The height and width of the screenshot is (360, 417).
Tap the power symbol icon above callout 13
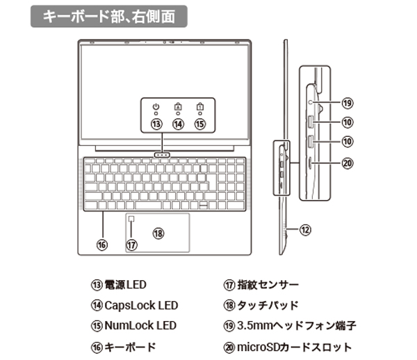click(x=156, y=107)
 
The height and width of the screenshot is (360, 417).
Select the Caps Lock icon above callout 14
click(x=179, y=107)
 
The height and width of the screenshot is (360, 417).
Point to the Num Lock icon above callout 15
click(x=201, y=107)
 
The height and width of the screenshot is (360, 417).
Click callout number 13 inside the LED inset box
click(x=156, y=124)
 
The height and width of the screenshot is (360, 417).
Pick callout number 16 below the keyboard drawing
click(x=102, y=244)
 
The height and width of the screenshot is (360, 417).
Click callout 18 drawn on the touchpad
click(x=158, y=234)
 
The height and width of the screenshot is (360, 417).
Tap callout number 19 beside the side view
click(x=347, y=103)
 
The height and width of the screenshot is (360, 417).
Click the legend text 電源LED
click(x=125, y=285)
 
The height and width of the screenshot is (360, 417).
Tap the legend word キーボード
click(x=130, y=346)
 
